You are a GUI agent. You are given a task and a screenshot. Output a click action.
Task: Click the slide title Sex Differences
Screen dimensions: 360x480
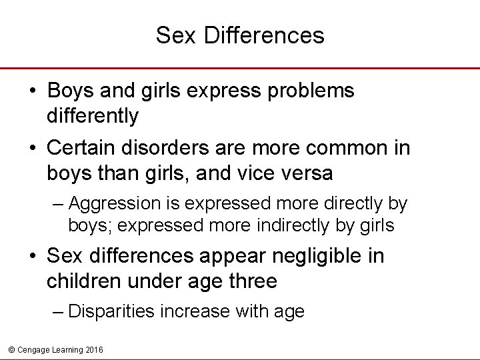(x=240, y=35)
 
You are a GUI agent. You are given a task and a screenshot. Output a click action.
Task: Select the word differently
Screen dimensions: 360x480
(x=93, y=116)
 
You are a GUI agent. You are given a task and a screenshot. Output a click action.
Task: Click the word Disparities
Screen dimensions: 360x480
(x=110, y=311)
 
